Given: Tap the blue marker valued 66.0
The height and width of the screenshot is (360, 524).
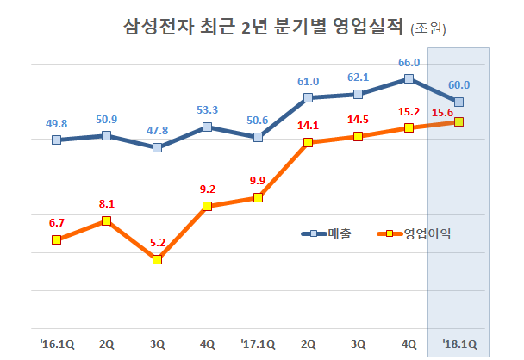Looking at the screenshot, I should [x=409, y=79].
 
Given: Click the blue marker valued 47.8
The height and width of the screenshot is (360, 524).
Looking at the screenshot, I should [x=157, y=147].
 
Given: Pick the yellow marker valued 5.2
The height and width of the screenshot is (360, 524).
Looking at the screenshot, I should [x=157, y=259].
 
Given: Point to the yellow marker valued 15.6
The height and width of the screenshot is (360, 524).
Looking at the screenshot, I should [x=458, y=121].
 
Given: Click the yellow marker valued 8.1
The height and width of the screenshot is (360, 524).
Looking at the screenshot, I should [x=106, y=221].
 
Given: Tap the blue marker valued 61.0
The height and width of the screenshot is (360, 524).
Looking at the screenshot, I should [x=308, y=98].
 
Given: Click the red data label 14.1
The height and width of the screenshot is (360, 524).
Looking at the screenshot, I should [x=308, y=125].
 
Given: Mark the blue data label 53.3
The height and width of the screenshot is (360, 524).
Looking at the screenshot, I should [x=207, y=110].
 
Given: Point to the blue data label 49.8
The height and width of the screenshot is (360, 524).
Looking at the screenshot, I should [x=57, y=121].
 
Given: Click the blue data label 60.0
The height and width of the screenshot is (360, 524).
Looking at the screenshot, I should [x=458, y=84].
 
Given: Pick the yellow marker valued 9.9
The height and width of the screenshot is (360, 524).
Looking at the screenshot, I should [x=258, y=198].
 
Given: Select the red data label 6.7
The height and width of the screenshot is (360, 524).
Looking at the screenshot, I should [x=57, y=222].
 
